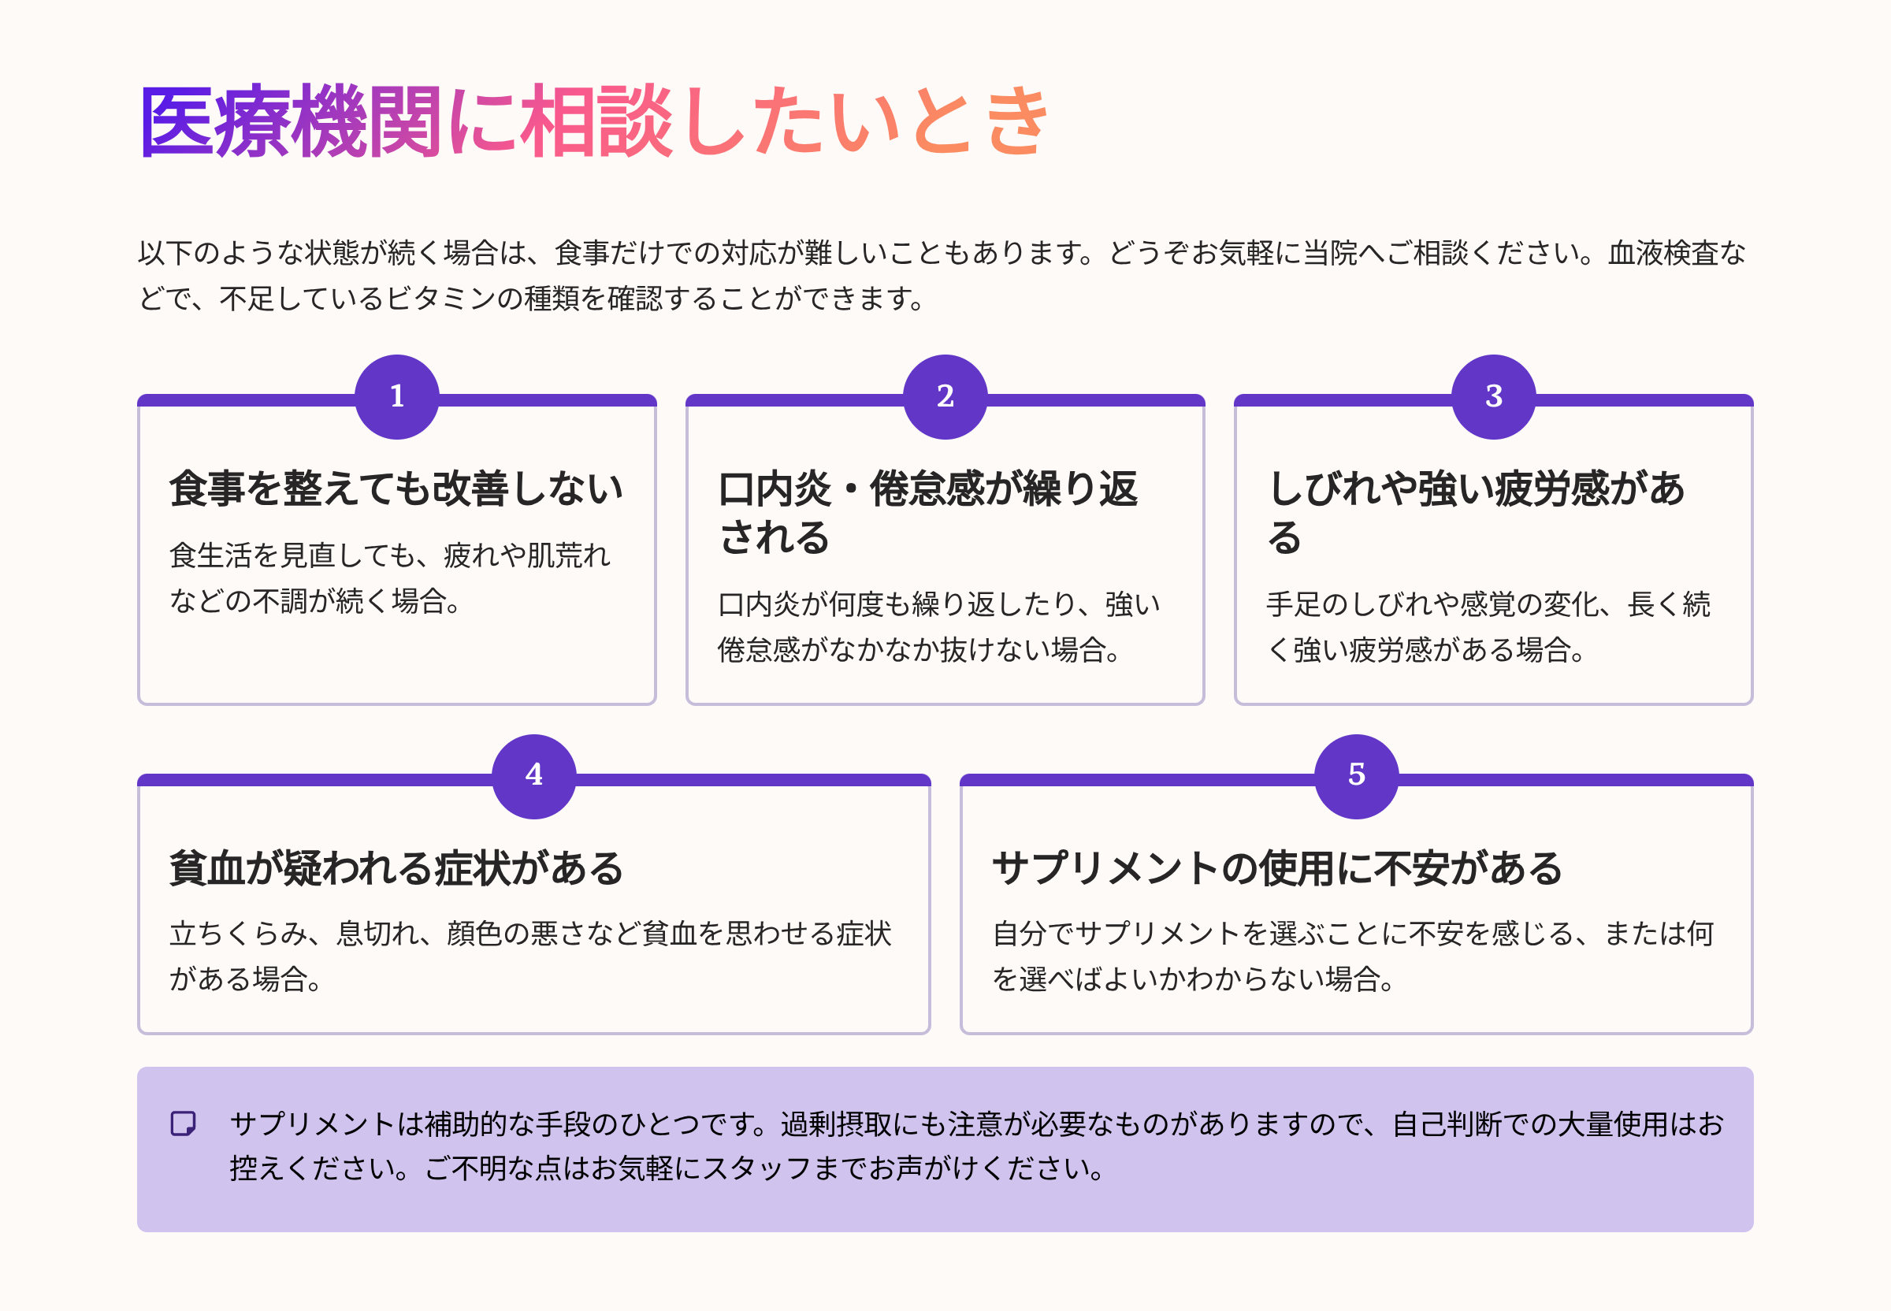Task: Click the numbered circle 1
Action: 397,397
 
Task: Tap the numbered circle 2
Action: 945,397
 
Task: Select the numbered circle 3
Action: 1493,397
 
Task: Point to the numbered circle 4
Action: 534,775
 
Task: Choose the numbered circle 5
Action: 1356,775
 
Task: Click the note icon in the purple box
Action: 183,1123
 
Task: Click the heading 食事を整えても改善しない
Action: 396,488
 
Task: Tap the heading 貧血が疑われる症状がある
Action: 396,868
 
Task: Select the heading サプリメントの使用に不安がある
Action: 1276,868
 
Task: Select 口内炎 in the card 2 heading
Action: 775,488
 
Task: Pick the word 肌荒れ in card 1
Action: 568,556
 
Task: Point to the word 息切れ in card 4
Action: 378,934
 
